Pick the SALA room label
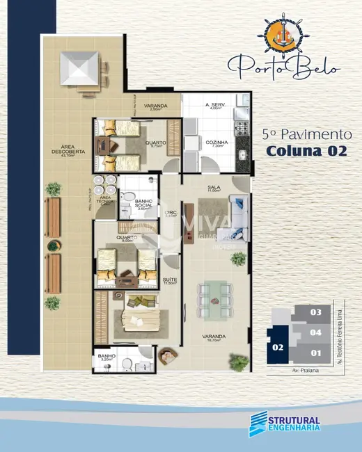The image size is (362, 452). [x=214, y=188]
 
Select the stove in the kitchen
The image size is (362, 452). [x=243, y=128]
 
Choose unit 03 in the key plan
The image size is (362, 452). [x=315, y=312]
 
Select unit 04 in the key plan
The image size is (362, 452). [x=315, y=332]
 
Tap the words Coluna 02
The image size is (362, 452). [x=306, y=151]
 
